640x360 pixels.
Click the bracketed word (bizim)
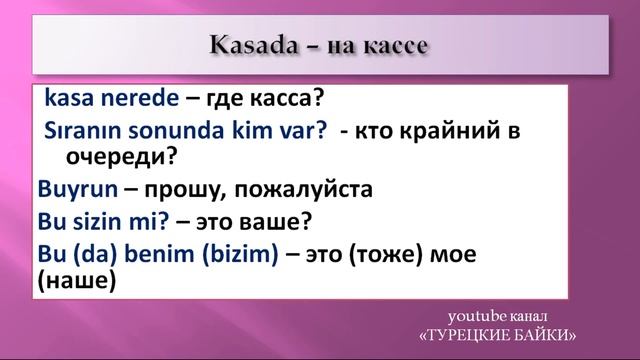click(x=240, y=255)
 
